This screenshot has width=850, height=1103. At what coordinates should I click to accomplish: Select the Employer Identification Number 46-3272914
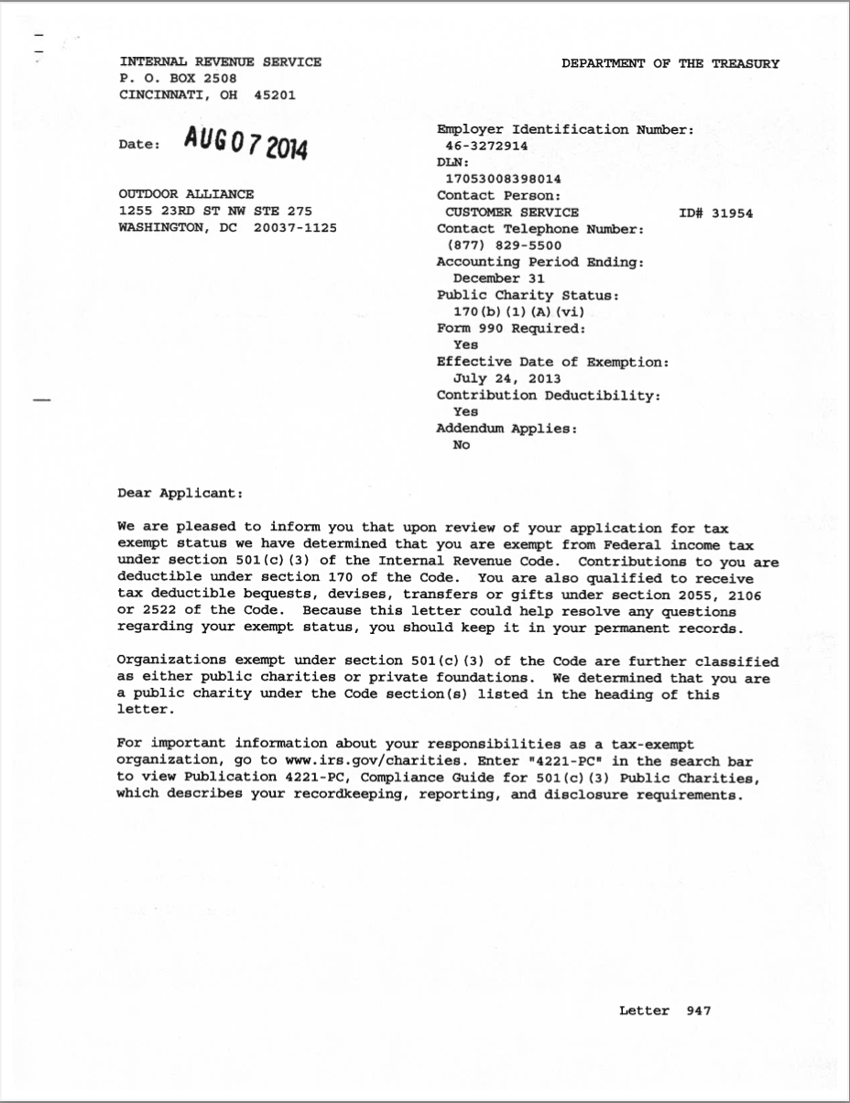tap(486, 146)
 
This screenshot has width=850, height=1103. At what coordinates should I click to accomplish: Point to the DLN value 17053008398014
tap(503, 179)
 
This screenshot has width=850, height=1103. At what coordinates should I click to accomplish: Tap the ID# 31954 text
tap(716, 213)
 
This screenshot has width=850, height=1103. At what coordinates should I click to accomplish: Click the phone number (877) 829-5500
tap(505, 246)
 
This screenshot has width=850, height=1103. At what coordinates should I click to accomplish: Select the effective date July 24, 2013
tap(507, 378)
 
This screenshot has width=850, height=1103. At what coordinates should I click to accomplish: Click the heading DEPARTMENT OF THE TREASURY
tap(670, 64)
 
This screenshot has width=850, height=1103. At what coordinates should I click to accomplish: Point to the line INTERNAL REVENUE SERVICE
tap(220, 62)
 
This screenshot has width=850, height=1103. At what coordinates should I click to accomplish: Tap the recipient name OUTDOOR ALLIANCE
tap(186, 194)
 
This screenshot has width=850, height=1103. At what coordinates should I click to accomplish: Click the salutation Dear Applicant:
tap(180, 493)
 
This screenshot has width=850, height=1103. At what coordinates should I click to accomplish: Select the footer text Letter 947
tap(665, 1011)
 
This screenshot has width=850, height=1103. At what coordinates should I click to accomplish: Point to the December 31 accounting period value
tap(499, 278)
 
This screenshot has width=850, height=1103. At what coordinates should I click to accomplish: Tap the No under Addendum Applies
tap(462, 445)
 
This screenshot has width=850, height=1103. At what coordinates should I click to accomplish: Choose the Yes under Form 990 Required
tap(465, 345)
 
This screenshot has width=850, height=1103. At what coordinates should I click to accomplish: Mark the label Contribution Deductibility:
tap(549, 395)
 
